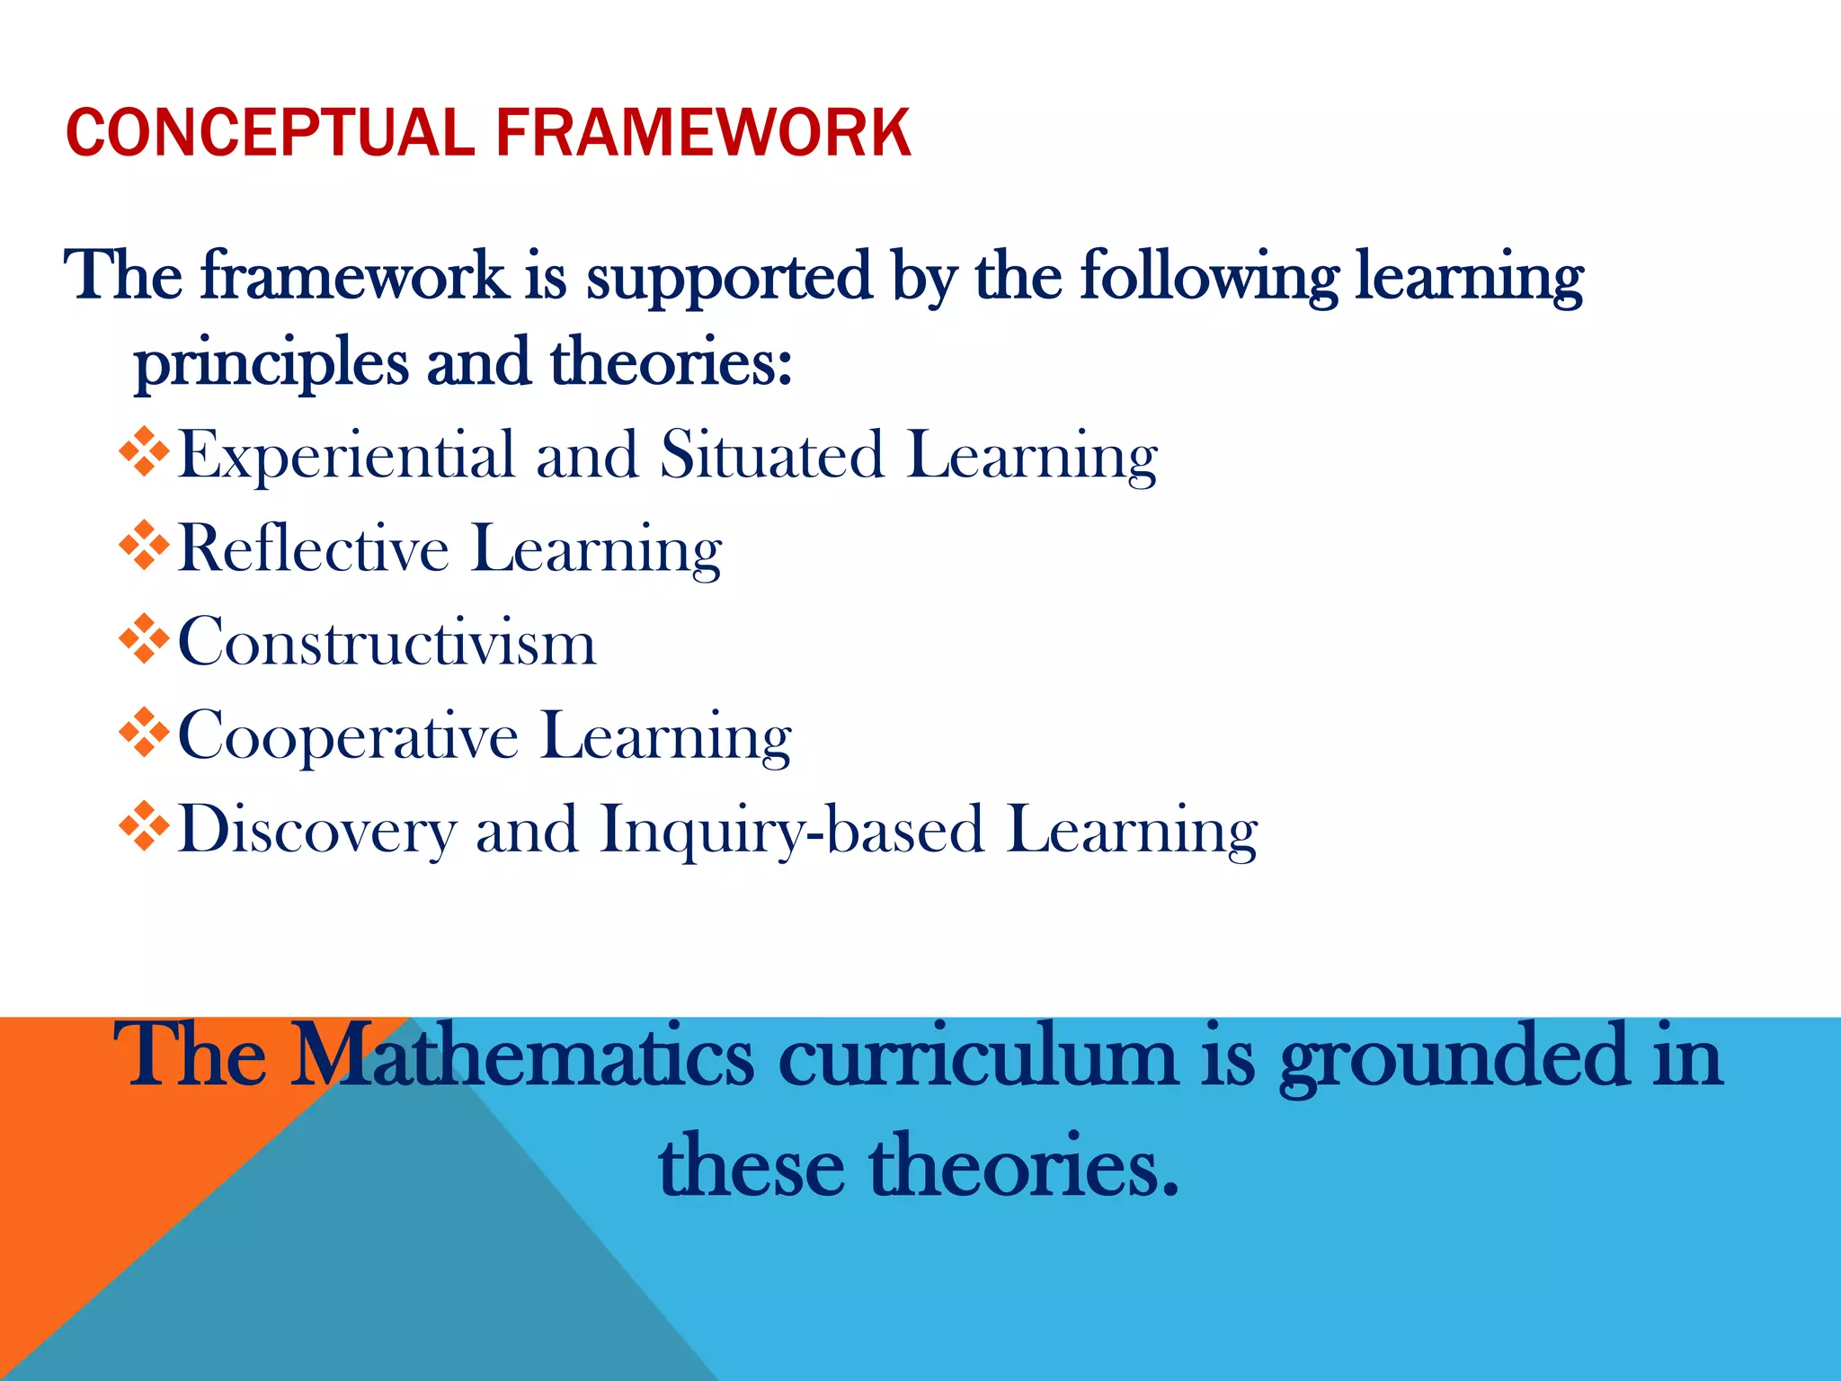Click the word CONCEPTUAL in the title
pos(270,132)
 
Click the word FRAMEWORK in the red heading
pos(704,132)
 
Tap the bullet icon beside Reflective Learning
pos(144,546)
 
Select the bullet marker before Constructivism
pos(144,639)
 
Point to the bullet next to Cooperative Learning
pos(144,733)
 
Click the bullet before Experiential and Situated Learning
pos(144,451)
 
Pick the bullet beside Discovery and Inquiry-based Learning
pos(144,826)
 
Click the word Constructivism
pos(387,642)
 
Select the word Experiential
pos(347,456)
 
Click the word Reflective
pos(314,548)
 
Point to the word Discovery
pos(317,830)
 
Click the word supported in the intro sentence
pos(729,277)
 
